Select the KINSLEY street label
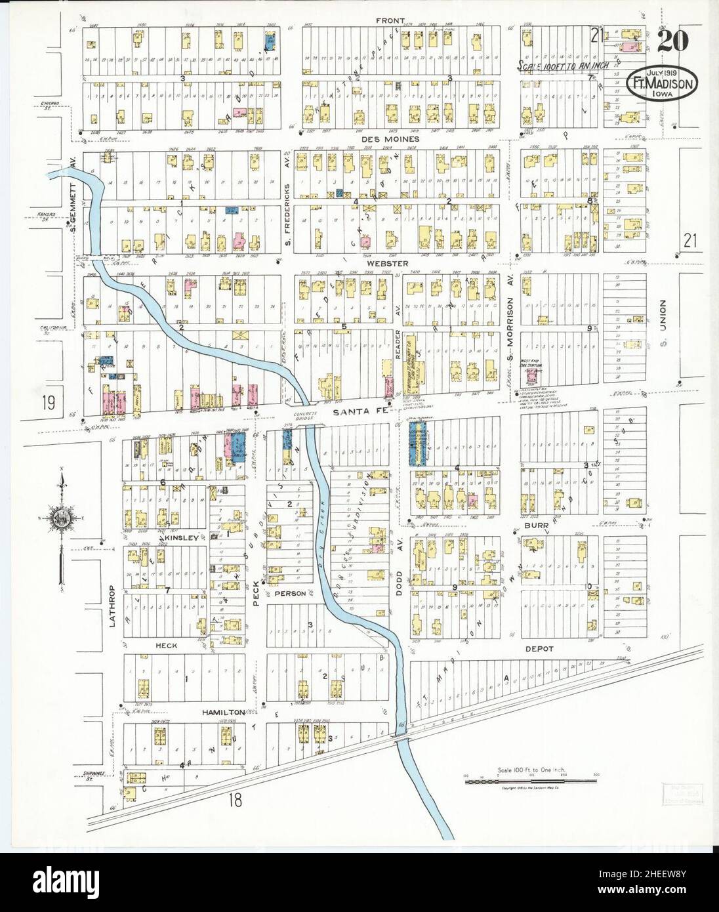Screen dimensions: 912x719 pos(180,538)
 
